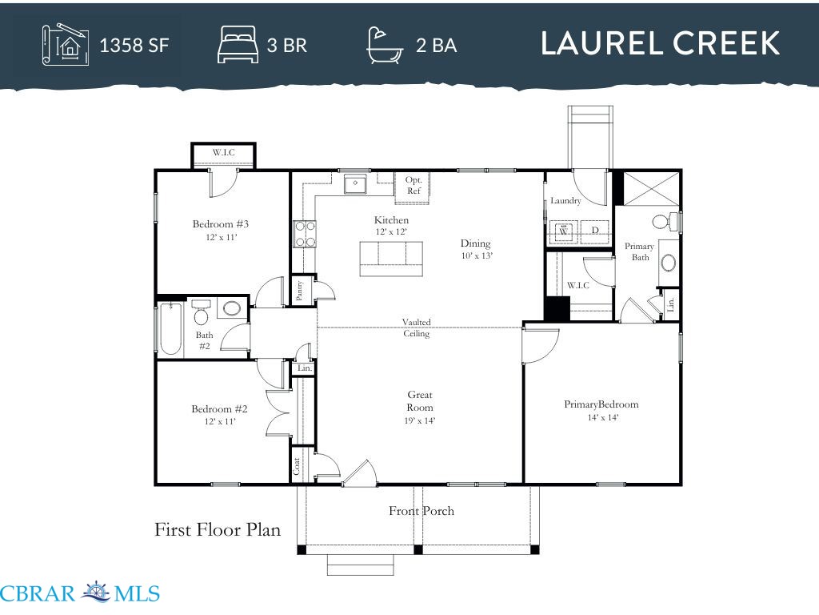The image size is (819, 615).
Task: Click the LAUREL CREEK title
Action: tap(660, 43)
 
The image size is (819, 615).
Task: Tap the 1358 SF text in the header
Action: tap(134, 46)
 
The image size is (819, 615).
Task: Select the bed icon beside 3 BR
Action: tap(238, 45)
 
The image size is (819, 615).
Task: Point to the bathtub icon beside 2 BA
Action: tap(385, 45)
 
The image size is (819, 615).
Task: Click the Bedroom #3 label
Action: tap(221, 224)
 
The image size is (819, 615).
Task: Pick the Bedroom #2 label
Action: tap(219, 409)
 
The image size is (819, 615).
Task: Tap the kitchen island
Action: tap(390, 259)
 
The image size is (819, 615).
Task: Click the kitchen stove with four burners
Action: tap(305, 234)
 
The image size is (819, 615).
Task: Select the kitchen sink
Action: tap(355, 184)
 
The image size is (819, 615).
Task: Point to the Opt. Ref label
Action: tap(413, 185)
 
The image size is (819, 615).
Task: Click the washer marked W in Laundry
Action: tap(563, 231)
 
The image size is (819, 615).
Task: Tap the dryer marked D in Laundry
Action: tap(595, 231)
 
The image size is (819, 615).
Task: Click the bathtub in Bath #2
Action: tap(170, 329)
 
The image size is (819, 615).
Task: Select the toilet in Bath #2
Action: tap(201, 312)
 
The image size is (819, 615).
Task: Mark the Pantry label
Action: tap(299, 291)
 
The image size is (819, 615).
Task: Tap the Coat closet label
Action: tap(296, 466)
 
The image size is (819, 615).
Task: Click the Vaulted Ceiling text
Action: tap(416, 328)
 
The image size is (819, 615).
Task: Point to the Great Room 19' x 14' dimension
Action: tap(419, 420)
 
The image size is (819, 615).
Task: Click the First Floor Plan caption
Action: tap(218, 530)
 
